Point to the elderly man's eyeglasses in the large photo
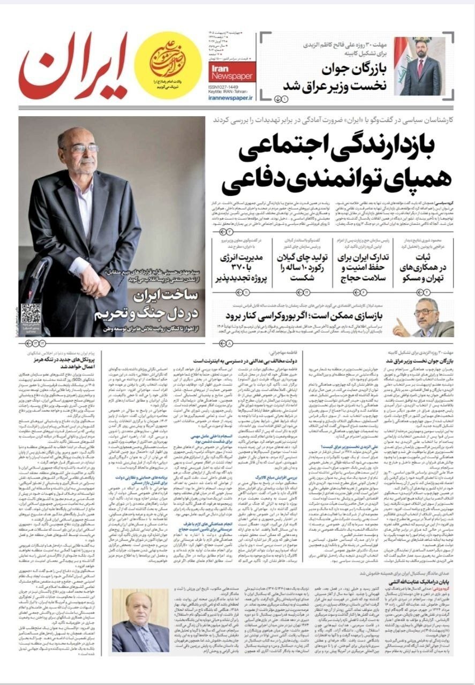click(81, 148)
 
